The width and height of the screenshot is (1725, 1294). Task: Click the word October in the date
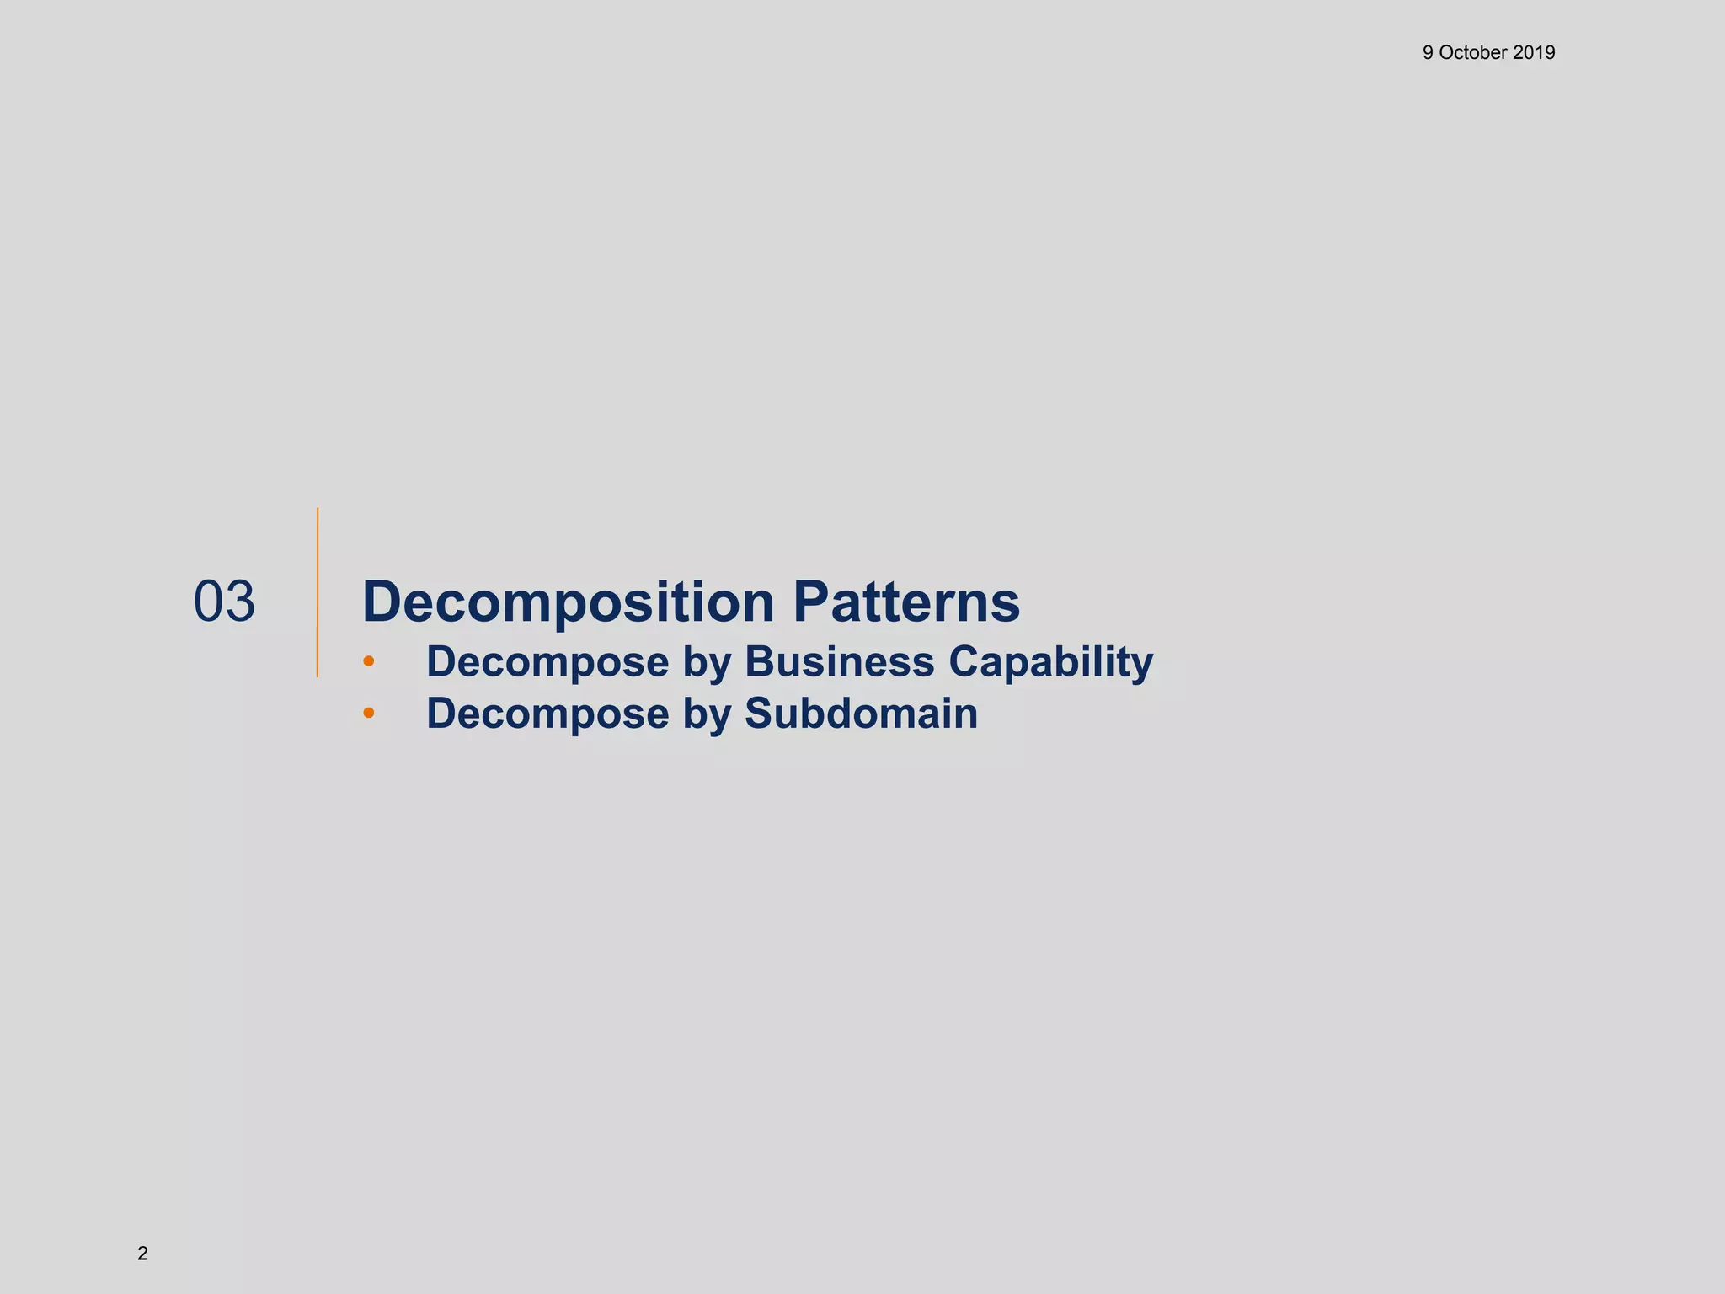1473,53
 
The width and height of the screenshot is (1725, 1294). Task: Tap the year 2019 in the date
1534,53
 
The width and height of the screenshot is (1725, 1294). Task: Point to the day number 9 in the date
1428,53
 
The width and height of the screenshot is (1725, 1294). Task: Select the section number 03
224,602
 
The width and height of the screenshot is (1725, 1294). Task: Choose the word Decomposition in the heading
568,603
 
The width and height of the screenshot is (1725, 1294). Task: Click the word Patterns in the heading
906,602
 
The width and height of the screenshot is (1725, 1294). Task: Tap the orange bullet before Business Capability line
368,662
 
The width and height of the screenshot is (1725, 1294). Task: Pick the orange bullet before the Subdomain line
368,714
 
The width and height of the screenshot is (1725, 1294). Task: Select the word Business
839,661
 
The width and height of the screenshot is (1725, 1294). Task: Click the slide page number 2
142,1254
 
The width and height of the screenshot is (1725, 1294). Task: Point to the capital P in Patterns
812,602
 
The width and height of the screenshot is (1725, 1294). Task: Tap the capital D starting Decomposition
383,602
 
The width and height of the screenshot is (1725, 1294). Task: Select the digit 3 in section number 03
239,602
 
